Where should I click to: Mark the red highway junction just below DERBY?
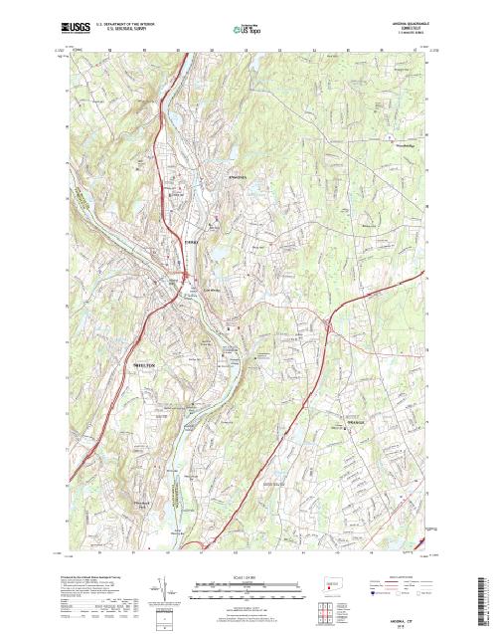185,278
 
